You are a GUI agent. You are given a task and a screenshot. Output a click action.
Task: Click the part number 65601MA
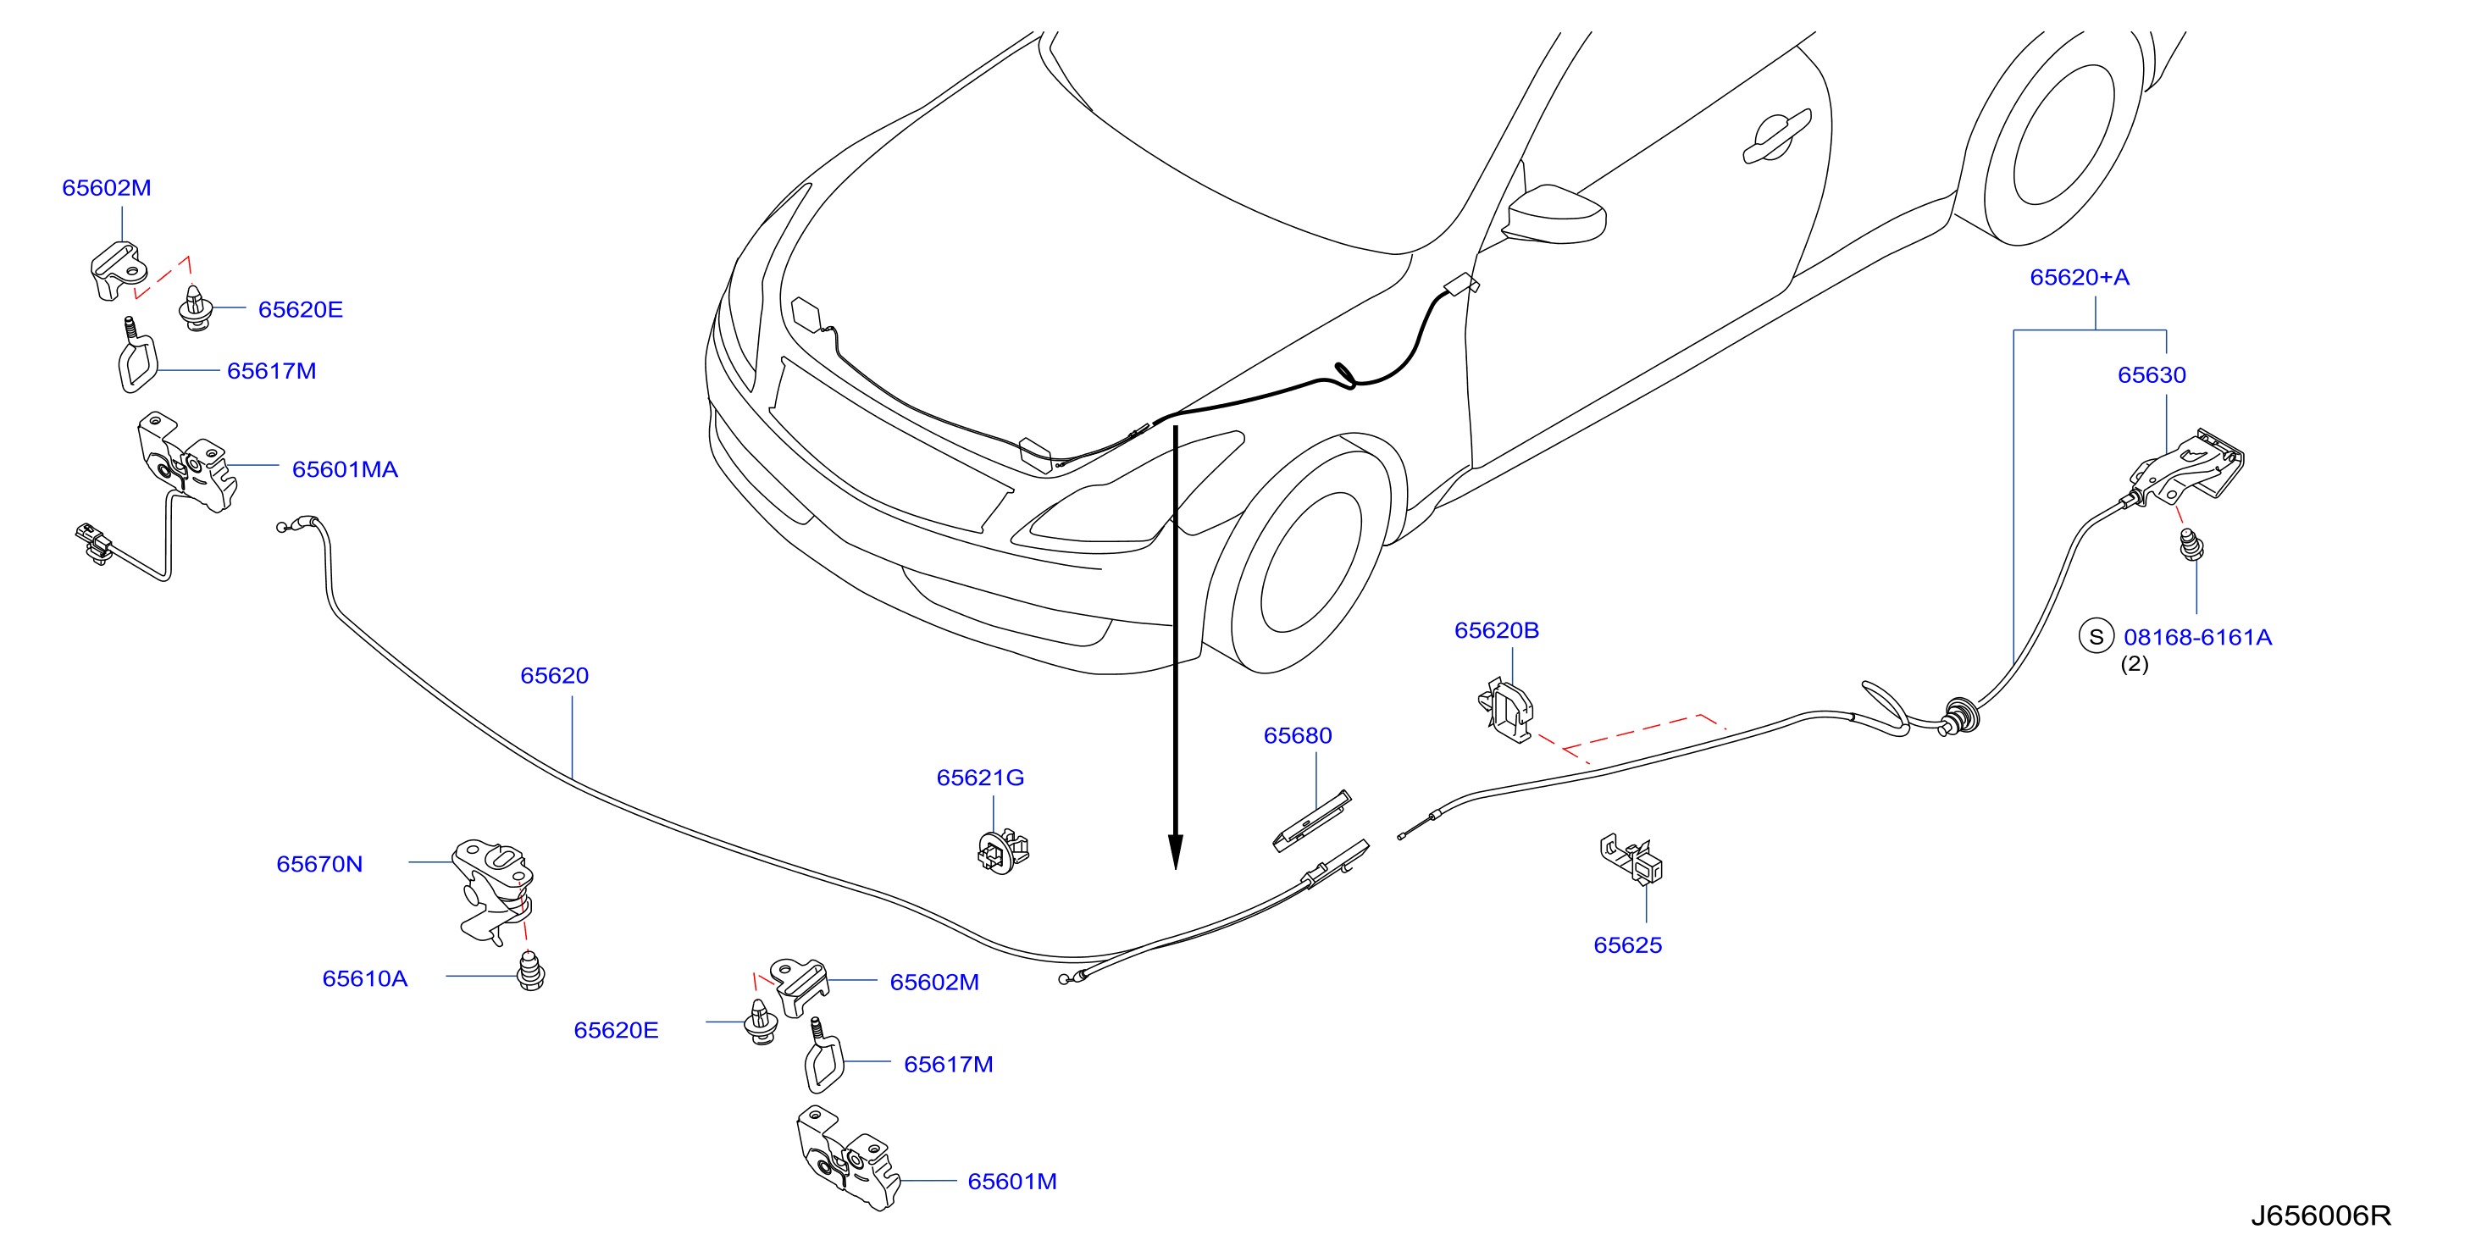(345, 470)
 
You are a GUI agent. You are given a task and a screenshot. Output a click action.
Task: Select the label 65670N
(319, 864)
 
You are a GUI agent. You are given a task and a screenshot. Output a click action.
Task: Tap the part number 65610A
(365, 979)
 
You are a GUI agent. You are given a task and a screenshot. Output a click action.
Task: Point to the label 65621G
(980, 778)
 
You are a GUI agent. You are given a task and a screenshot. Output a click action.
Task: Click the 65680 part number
(1298, 736)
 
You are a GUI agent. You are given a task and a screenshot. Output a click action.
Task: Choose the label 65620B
(1497, 631)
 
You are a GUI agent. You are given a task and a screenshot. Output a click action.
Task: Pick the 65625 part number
(1628, 945)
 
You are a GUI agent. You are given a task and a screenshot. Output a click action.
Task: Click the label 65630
(2152, 375)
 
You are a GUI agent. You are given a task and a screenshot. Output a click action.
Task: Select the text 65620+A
(2080, 278)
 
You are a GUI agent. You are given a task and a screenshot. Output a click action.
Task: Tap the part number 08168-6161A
(2197, 638)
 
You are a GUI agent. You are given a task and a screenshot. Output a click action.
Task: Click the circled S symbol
(2096, 637)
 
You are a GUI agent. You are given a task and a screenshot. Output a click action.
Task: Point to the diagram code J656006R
(2321, 1215)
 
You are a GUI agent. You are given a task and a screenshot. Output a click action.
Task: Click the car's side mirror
(1554, 213)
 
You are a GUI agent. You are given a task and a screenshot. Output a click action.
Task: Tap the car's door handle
(1776, 136)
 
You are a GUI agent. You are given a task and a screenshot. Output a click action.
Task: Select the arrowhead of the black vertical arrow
(1175, 851)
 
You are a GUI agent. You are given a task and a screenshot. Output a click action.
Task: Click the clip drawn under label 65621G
(1003, 850)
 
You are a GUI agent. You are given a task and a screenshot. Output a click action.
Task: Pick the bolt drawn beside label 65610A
(531, 972)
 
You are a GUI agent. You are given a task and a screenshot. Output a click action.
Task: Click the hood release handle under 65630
(2188, 468)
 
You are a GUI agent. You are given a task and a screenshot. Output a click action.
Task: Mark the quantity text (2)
(2135, 664)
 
